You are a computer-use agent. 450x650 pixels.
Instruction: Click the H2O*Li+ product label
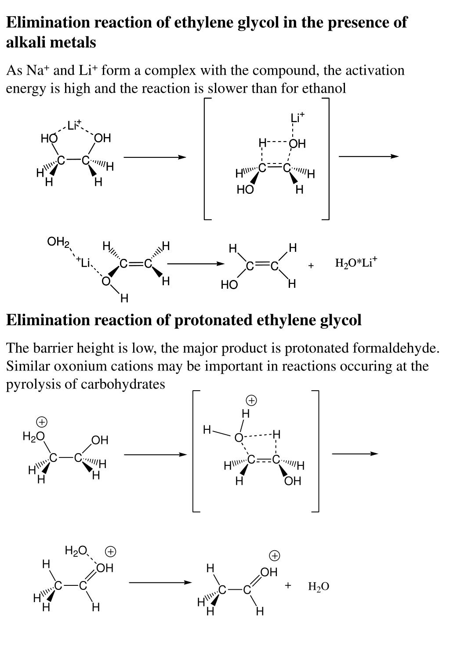click(356, 263)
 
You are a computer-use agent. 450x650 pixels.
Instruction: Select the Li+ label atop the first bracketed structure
click(297, 118)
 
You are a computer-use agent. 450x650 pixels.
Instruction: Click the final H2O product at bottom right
click(319, 586)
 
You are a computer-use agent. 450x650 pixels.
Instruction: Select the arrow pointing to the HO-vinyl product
click(195, 264)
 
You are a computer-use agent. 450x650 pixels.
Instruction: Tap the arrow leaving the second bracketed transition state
click(355, 454)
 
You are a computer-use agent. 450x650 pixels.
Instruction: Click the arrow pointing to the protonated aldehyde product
click(160, 583)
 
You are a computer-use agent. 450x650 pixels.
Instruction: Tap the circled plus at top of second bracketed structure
click(251, 400)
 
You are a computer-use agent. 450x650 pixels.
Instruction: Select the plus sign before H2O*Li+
click(311, 265)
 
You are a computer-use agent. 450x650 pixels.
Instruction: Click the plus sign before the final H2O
click(288, 585)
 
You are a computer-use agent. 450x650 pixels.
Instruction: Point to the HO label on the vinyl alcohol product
click(229, 285)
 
